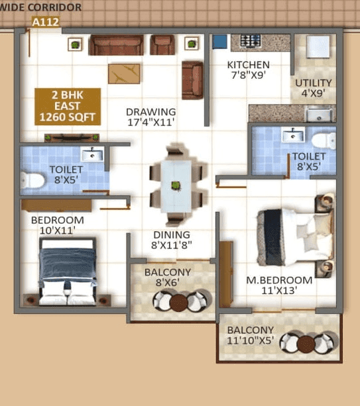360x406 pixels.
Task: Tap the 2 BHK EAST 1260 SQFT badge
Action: click(68, 107)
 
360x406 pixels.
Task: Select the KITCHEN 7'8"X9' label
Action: click(248, 70)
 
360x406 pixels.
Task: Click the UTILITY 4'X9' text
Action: click(314, 88)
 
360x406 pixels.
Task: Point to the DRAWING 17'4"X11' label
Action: click(150, 117)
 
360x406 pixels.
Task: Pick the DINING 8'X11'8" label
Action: click(171, 240)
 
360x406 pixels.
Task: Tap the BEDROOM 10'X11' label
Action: click(57, 225)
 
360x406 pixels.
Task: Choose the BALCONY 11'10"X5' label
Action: click(250, 336)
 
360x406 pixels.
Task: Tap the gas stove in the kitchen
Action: click(251, 41)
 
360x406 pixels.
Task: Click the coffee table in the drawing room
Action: click(124, 72)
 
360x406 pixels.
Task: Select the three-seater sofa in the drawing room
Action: click(116, 45)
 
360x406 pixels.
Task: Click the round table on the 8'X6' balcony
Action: click(178, 303)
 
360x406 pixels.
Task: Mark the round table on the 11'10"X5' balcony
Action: click(306, 343)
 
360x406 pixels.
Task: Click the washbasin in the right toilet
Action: click(292, 136)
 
